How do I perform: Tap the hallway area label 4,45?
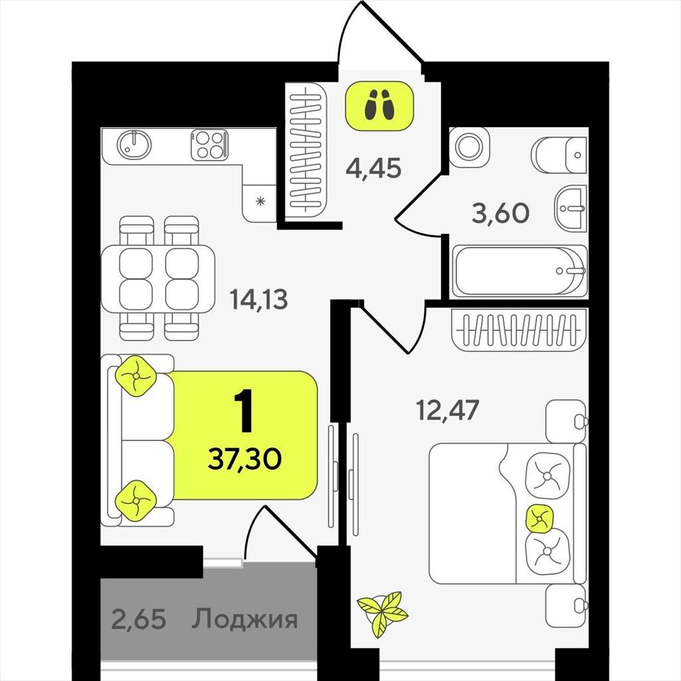click(x=374, y=168)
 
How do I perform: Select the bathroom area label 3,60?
click(x=500, y=213)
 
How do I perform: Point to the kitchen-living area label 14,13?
click(x=259, y=299)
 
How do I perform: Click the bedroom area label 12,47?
click(x=448, y=410)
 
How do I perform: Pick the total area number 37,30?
click(x=245, y=459)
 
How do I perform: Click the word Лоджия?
click(x=245, y=619)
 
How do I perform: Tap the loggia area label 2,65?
click(x=138, y=619)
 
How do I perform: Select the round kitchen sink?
click(x=134, y=144)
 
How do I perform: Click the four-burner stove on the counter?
click(x=209, y=144)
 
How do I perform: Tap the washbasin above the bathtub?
click(x=571, y=208)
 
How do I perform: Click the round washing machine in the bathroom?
click(x=469, y=147)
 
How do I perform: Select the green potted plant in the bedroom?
click(x=382, y=613)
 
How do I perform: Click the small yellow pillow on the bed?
click(x=540, y=518)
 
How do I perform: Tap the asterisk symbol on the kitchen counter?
click(x=260, y=202)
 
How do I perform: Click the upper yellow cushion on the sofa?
click(x=136, y=376)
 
